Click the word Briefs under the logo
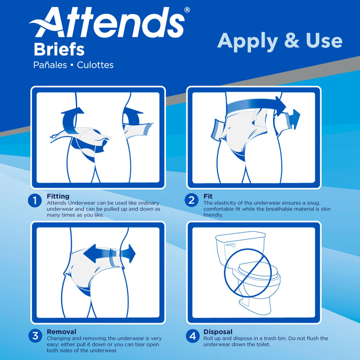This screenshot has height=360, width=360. point(59,50)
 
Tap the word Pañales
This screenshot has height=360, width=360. point(50,65)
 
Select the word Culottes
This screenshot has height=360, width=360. point(95,65)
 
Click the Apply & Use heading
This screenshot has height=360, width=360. point(280,41)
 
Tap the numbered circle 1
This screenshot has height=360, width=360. point(35,201)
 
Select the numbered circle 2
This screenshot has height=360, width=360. point(192,200)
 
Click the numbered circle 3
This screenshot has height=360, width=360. point(35,336)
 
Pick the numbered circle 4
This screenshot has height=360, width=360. point(192,336)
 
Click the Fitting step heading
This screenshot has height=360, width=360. point(58,196)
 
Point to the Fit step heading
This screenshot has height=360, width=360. point(208,196)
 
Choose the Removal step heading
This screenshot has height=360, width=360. point(61,332)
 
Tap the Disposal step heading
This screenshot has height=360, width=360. point(218,332)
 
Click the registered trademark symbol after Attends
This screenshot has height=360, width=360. point(187,10)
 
